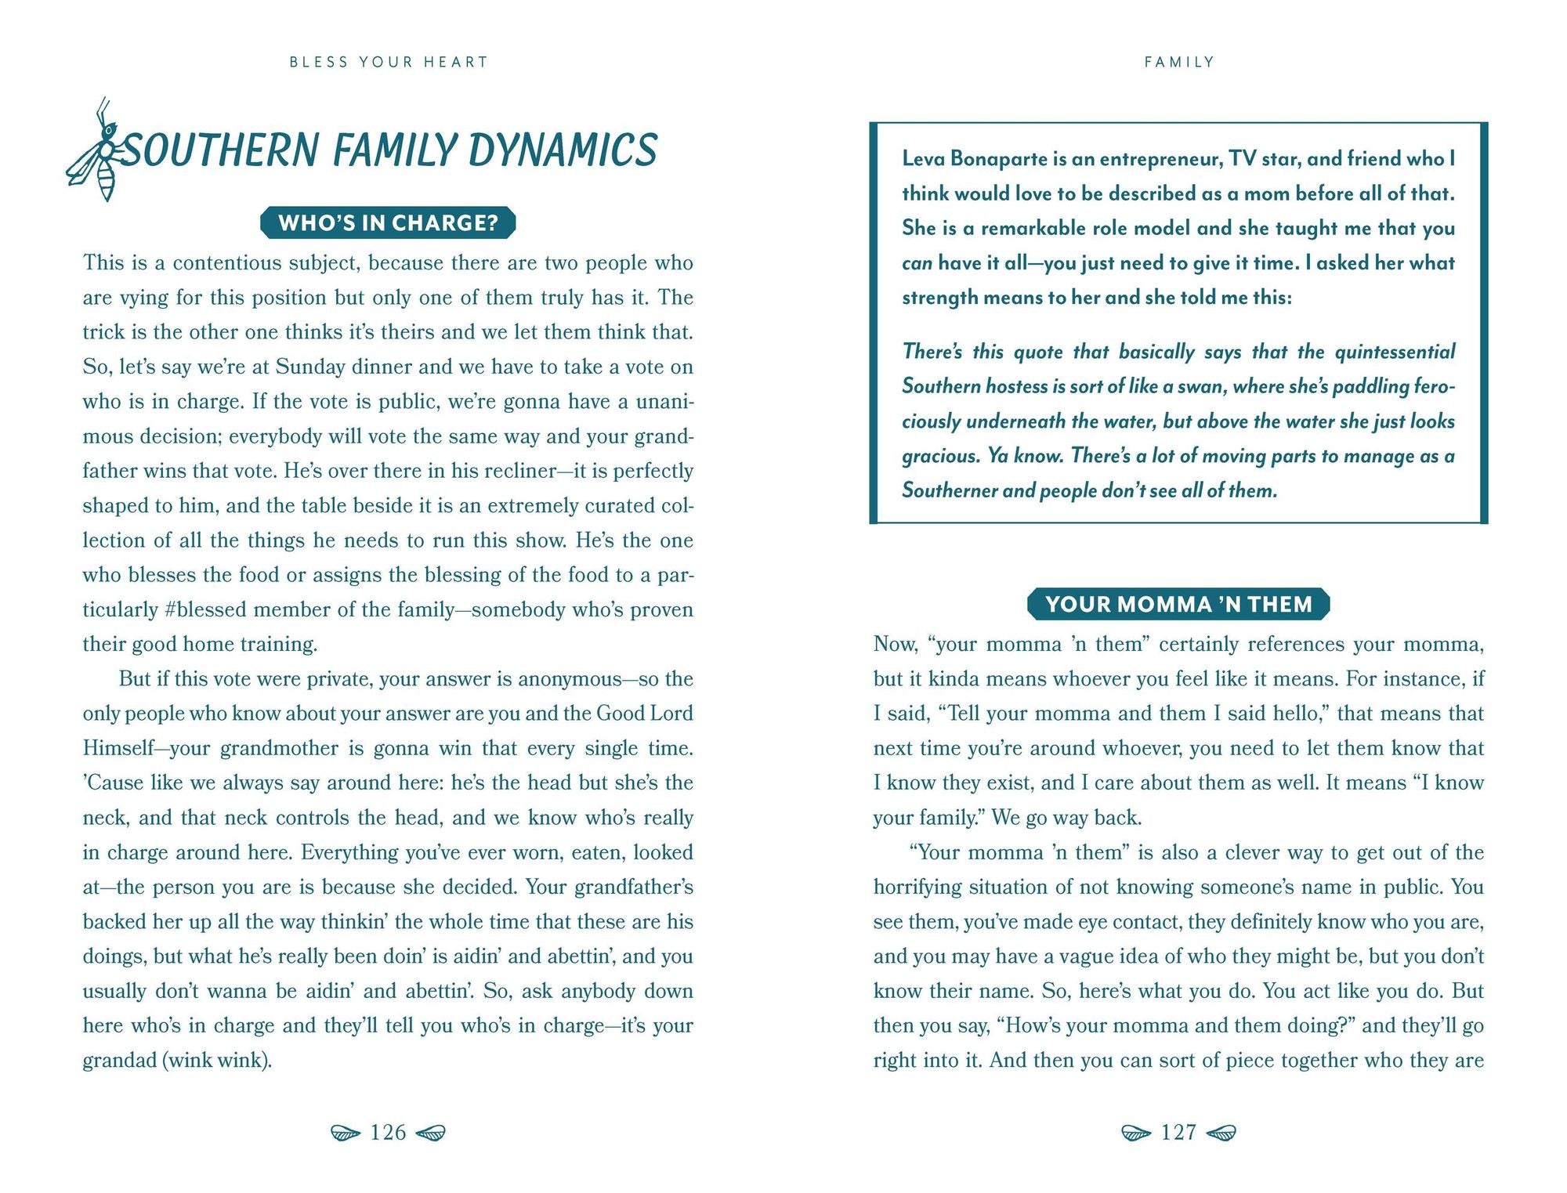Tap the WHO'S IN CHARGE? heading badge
point(388,223)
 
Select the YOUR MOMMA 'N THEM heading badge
point(1178,604)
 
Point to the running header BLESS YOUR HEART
point(389,62)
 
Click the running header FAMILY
point(1179,62)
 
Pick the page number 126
point(388,1132)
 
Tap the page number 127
point(1178,1132)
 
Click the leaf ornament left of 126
point(345,1133)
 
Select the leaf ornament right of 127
point(1221,1133)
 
